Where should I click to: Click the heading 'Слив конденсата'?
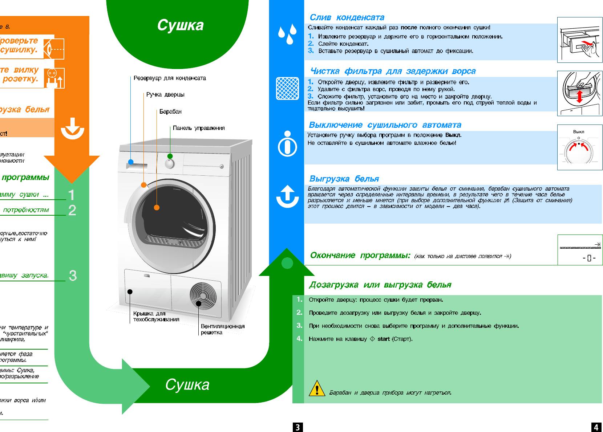(x=347, y=17)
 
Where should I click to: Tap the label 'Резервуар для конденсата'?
(x=170, y=78)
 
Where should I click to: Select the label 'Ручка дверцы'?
(x=165, y=95)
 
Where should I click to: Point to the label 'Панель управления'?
(x=199, y=128)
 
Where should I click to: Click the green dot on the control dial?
(x=170, y=156)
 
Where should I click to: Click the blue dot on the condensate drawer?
(x=131, y=162)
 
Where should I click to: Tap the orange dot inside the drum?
(x=157, y=208)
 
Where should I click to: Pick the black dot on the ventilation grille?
(x=199, y=303)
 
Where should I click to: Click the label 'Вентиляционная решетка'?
(x=222, y=329)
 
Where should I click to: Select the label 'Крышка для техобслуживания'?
(x=156, y=316)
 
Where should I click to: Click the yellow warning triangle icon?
(x=317, y=388)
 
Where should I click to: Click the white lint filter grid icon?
(x=287, y=88)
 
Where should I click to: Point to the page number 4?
(x=596, y=427)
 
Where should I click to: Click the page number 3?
(x=298, y=427)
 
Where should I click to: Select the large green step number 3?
(x=73, y=276)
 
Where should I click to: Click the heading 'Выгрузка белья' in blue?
(x=344, y=179)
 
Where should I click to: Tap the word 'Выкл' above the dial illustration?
(x=578, y=132)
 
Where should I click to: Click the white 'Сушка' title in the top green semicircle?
(x=180, y=25)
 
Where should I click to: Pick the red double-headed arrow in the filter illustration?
(x=580, y=97)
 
